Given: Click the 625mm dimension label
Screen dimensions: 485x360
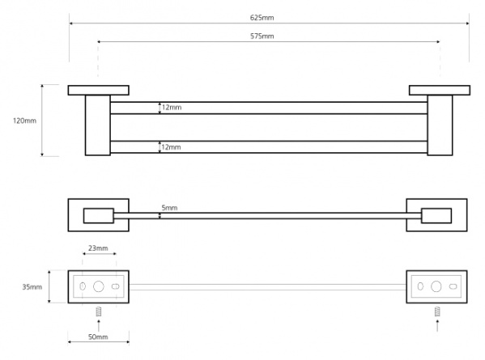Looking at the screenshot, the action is pos(262,18).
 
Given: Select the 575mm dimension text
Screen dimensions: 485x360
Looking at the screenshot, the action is pos(262,36).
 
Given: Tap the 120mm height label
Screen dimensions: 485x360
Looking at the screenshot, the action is pos(24,121).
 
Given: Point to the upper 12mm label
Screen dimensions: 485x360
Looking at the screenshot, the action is pos(172,108).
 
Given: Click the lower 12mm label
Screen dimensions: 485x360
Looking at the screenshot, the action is pos(171,147).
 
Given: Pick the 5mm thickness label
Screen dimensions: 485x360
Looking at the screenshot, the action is pos(169,208).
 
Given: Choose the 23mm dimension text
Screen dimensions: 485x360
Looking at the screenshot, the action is pos(98,248).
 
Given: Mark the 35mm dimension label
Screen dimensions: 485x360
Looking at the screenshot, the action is pos(32,287).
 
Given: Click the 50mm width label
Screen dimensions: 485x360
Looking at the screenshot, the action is pos(98,337).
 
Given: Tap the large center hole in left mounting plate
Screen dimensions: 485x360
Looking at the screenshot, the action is pos(99,286).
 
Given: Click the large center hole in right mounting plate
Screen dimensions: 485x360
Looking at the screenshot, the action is pos(436,286).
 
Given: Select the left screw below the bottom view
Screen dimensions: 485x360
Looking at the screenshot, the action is pos(99,311).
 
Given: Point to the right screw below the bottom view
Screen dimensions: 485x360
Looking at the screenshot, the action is pos(437,311).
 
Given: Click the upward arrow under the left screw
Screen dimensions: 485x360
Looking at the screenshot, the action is pos(99,326).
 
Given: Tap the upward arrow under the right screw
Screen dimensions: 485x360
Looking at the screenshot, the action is pos(437,326).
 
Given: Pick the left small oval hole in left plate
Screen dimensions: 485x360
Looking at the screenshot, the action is pos(83,286).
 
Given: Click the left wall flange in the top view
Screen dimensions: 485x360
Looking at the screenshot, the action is pos(98,91).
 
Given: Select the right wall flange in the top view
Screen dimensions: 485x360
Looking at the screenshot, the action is pos(440,91).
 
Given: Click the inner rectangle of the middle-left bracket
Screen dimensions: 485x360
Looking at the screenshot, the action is pos(99,216).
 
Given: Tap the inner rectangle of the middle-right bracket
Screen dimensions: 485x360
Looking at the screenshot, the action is pos(436,216).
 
